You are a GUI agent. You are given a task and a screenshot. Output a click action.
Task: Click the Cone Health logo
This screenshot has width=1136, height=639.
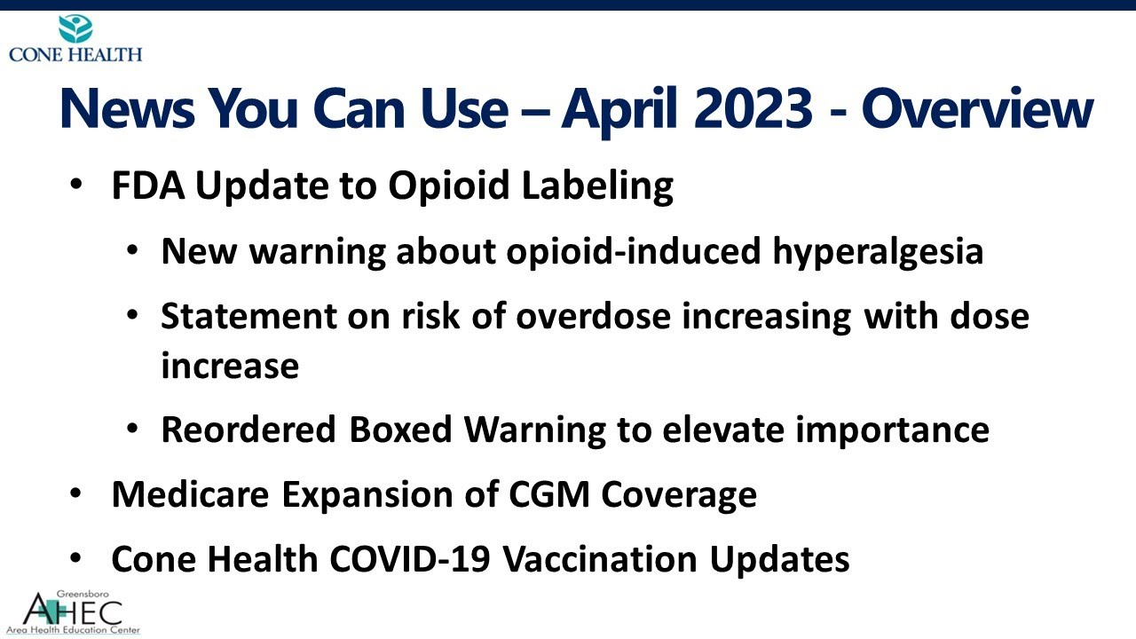(75, 38)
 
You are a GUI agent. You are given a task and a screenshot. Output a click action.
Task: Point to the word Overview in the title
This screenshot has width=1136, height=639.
(976, 108)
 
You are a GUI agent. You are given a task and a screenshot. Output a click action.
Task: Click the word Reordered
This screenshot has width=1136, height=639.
(248, 430)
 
